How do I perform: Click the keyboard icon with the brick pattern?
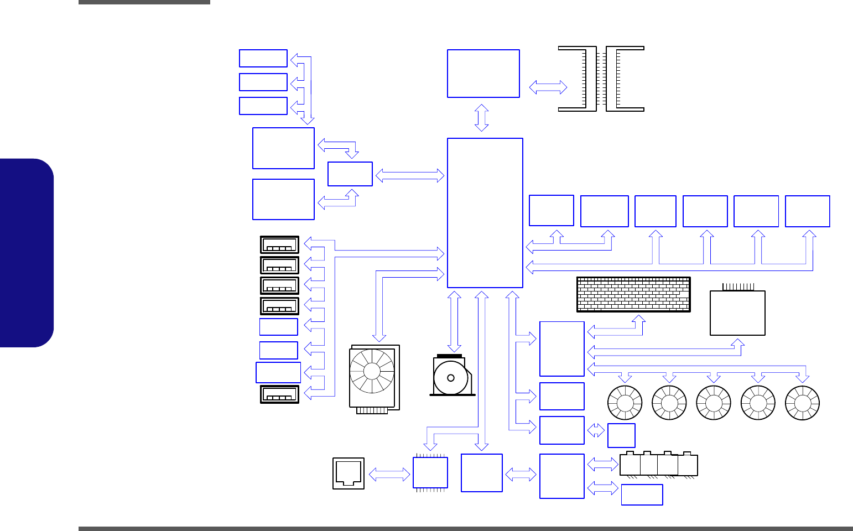tap(633, 294)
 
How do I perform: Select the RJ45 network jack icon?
tap(349, 473)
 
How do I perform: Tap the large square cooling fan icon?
tap(374, 378)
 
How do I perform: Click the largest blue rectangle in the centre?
tap(485, 213)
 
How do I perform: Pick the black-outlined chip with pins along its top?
tap(737, 312)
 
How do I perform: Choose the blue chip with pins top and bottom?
tap(430, 473)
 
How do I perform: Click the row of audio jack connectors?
tap(658, 465)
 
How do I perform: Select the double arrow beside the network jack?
tap(389, 474)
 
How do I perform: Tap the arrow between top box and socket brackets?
tap(548, 87)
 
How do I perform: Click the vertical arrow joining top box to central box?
tap(482, 118)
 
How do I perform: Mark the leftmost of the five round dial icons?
tap(625, 403)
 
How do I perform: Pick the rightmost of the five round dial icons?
tap(802, 403)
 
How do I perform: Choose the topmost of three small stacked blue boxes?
tap(263, 58)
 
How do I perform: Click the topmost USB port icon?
tap(279, 245)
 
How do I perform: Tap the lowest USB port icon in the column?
tap(279, 394)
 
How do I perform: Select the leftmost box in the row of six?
tap(551, 211)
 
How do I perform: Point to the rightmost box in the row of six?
tap(807, 211)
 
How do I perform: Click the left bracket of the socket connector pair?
tap(579, 79)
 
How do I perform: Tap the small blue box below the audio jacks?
tap(642, 494)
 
